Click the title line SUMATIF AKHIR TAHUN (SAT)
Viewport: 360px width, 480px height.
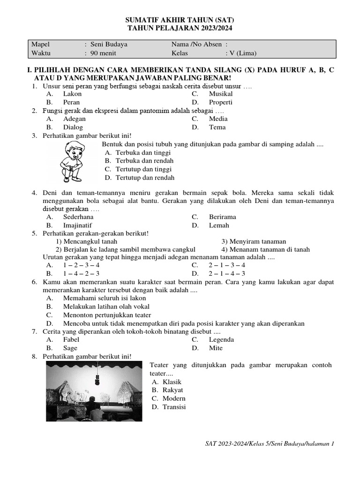[180, 21]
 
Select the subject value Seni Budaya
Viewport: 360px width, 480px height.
[109, 45]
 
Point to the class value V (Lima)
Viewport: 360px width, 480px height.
[241, 53]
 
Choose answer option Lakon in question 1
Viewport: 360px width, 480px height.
[72, 94]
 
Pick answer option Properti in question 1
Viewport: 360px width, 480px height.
[220, 102]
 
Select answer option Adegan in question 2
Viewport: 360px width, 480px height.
[75, 119]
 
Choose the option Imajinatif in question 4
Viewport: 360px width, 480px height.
[78, 225]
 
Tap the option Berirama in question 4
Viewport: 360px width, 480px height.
[222, 217]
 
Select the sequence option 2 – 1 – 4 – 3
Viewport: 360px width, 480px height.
[227, 273]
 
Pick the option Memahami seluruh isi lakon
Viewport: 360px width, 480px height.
[105, 298]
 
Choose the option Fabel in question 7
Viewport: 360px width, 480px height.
[71, 340]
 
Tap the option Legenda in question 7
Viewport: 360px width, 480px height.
[221, 340]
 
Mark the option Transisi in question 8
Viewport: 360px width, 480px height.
[174, 407]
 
